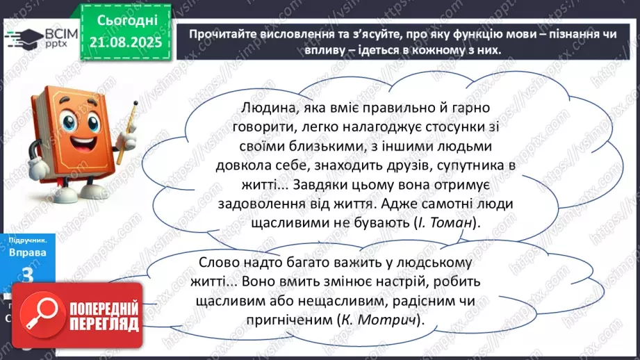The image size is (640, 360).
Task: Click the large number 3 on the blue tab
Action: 28,275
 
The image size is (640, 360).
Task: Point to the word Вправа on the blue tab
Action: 28,252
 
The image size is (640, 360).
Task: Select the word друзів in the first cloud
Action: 381,166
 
